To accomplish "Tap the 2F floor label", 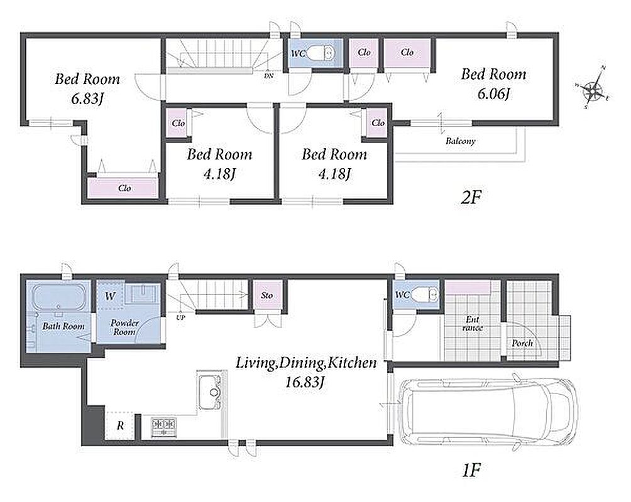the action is pyautogui.click(x=471, y=197).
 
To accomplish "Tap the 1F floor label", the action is pyautogui.click(x=471, y=470).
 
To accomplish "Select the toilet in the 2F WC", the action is pyautogui.click(x=321, y=52).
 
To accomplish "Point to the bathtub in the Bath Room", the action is pyautogui.click(x=58, y=297).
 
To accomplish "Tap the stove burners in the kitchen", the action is pyautogui.click(x=164, y=427).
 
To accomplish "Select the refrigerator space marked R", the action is pyautogui.click(x=120, y=425).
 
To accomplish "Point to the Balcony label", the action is pyautogui.click(x=461, y=141).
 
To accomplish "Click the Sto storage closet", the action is pyautogui.click(x=267, y=296).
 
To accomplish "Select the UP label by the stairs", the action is pyautogui.click(x=180, y=318).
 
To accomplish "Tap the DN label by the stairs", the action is pyautogui.click(x=269, y=75).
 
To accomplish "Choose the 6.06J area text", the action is pyautogui.click(x=494, y=94).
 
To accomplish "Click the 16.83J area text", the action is pyautogui.click(x=305, y=382).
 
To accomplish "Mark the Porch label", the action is pyautogui.click(x=522, y=343).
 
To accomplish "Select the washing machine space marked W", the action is pyautogui.click(x=110, y=296).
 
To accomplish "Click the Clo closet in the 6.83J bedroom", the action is pyautogui.click(x=123, y=188).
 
